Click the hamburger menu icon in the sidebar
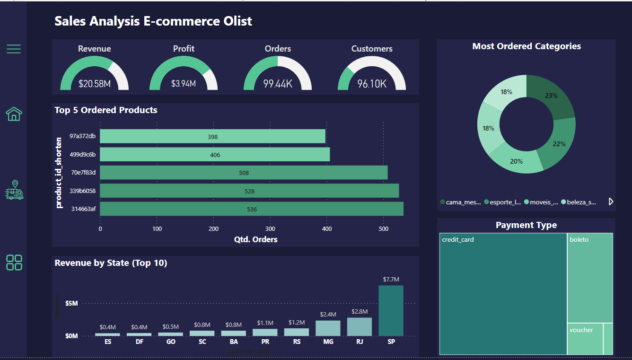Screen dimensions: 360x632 click(14, 49)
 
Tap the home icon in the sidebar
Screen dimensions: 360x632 click(14, 114)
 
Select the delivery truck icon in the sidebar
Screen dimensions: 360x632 click(14, 190)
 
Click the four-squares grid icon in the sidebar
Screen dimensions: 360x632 click(14, 263)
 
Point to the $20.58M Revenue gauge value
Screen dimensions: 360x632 click(95, 84)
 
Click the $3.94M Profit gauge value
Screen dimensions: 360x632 click(184, 84)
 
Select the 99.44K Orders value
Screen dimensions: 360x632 click(278, 84)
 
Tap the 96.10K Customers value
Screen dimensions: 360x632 click(372, 84)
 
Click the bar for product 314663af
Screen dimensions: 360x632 click(251, 209)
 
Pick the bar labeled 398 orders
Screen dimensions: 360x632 click(212, 137)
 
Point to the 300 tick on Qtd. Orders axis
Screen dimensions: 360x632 click(270, 229)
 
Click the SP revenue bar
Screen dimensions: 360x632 click(391, 310)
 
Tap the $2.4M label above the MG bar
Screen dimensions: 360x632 click(328, 315)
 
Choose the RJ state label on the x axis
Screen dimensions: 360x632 click(360, 342)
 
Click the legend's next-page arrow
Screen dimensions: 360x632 click(611, 202)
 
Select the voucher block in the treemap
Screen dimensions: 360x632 click(585, 338)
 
